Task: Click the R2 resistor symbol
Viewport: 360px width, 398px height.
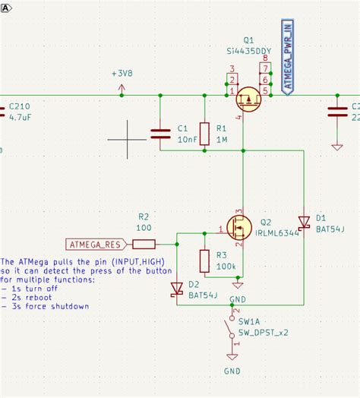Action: pyautogui.click(x=144, y=244)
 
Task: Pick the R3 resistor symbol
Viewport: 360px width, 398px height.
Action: pyautogui.click(x=204, y=261)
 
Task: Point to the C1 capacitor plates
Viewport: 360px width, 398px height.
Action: pyautogui.click(x=160, y=134)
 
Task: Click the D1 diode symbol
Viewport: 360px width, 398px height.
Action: pyautogui.click(x=303, y=223)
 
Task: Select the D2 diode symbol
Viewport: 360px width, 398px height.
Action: pyautogui.click(x=176, y=289)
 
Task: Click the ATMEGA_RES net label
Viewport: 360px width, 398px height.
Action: pyautogui.click(x=93, y=245)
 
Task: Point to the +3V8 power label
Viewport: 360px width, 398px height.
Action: pyautogui.click(x=122, y=74)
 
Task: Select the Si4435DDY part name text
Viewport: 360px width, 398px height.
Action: pyautogui.click(x=249, y=51)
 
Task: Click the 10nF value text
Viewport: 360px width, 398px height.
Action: pyautogui.click(x=187, y=141)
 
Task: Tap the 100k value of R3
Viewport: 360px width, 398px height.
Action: pyautogui.click(x=226, y=266)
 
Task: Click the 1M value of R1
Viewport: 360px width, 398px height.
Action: pyautogui.click(x=222, y=141)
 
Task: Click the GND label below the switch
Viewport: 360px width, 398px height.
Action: pyautogui.click(x=232, y=371)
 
